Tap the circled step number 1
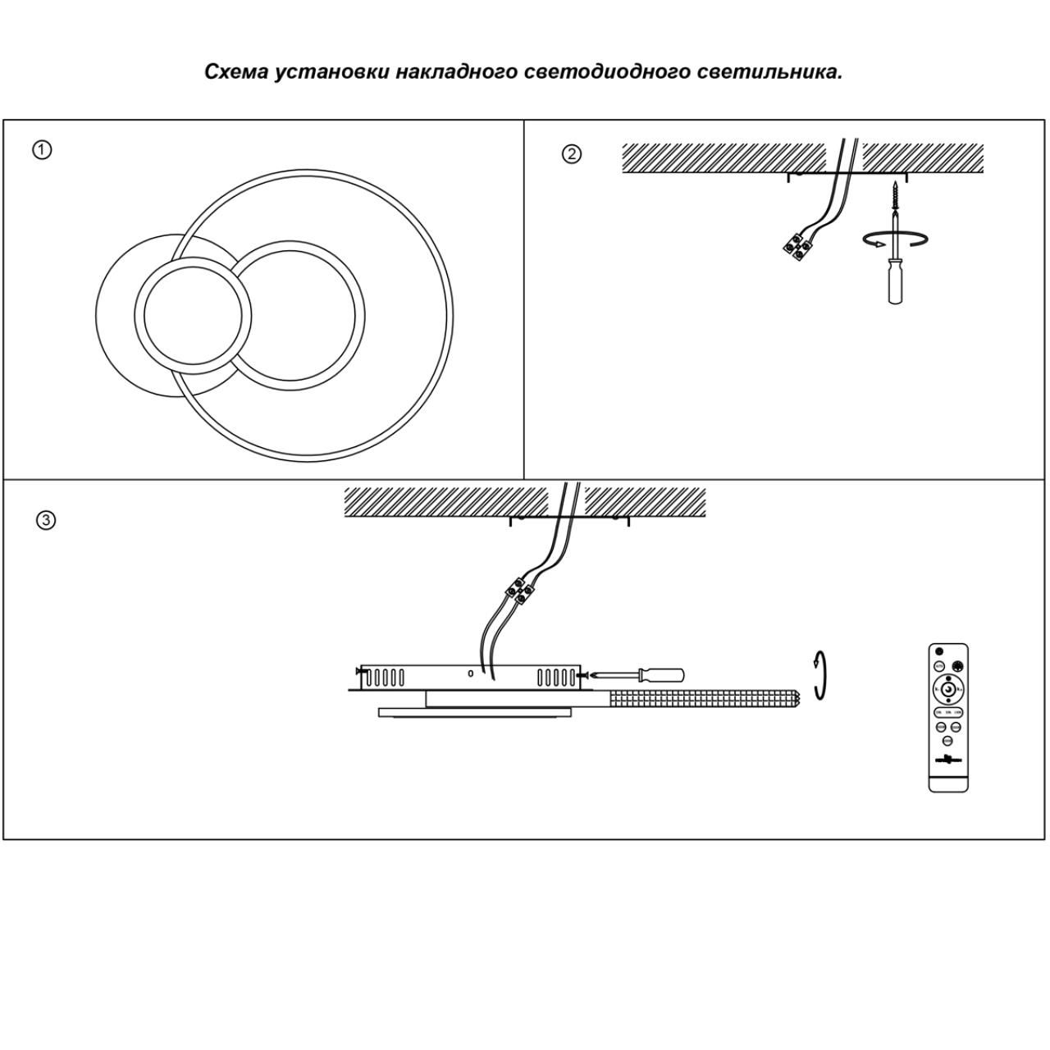tap(42, 150)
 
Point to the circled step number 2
tap(572, 154)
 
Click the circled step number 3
tap(47, 520)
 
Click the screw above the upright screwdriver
tap(893, 196)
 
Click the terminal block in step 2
tap(796, 246)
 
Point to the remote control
tap(948, 718)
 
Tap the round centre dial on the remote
tap(948, 690)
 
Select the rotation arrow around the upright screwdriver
tap(896, 238)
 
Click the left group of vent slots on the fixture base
tap(385, 678)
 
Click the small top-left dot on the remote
tap(939, 651)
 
